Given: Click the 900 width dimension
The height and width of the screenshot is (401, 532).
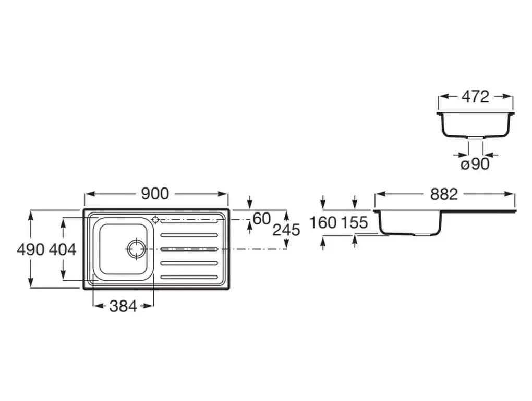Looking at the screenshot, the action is (155, 194).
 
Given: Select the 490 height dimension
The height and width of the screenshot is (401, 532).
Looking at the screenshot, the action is (31, 250).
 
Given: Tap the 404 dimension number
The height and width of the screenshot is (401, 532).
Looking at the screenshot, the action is (63, 250).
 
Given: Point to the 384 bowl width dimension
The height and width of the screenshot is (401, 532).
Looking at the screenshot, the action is (123, 306).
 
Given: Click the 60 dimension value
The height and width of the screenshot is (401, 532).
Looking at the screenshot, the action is (262, 219).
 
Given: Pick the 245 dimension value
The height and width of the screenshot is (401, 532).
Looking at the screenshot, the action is (286, 230).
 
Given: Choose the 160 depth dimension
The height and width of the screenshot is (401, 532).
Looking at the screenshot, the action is (323, 223).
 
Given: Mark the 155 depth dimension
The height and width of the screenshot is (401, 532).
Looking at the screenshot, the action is (354, 223).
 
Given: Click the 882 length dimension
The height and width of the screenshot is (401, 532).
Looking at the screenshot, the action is (444, 194).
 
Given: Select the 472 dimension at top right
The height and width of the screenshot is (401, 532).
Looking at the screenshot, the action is (475, 97).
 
